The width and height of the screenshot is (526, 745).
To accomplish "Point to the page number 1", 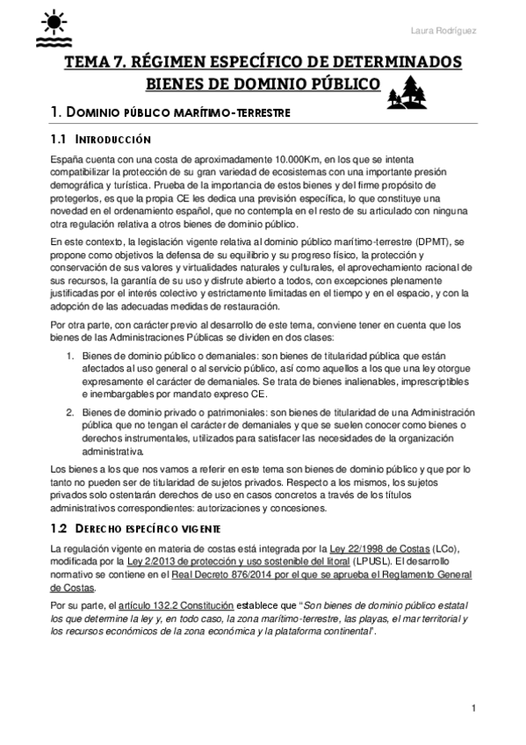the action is pos(473,708).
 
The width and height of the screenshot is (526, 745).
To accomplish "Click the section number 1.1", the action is pos(59,140).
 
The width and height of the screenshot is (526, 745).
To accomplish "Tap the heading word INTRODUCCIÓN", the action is pos(115,140).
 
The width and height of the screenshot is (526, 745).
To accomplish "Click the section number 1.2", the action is pos(59,531).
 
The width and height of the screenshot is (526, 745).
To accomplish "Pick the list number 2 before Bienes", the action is pos(71,411).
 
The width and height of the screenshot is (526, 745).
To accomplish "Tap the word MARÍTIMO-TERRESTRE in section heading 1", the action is pos(218,113).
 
